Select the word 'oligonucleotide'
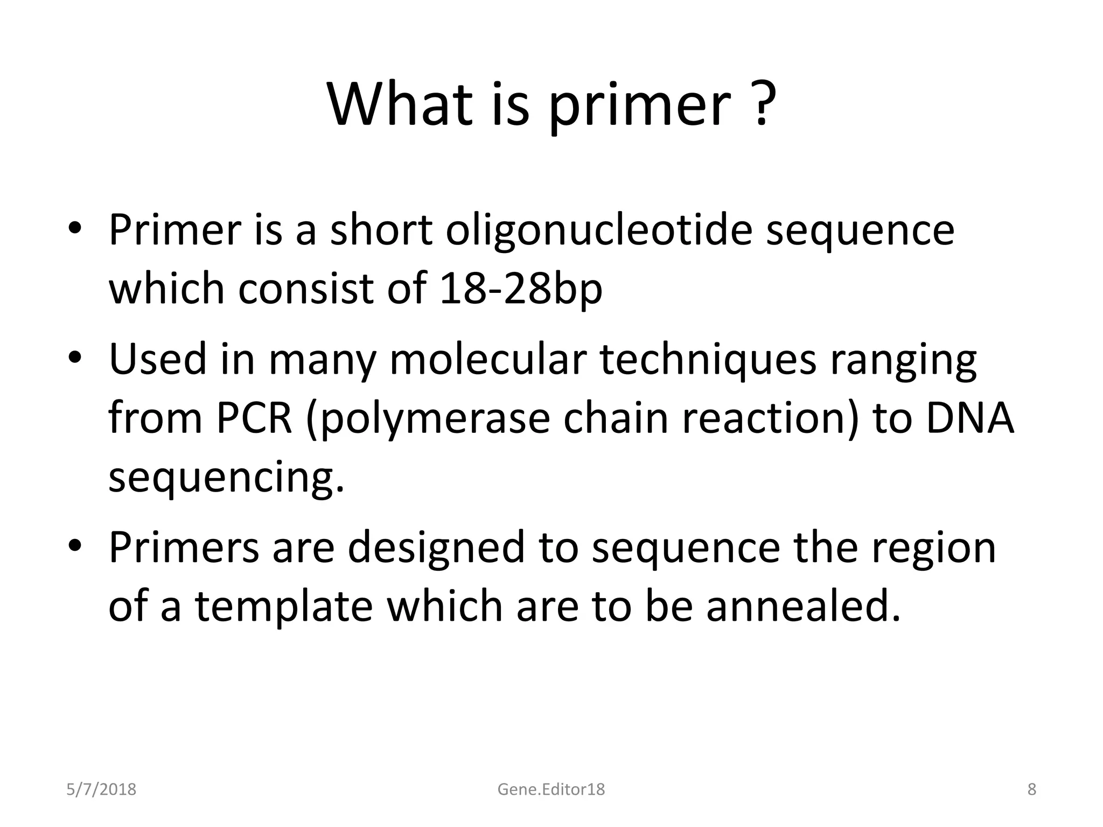point(599,230)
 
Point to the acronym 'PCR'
point(254,418)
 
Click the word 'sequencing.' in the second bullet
point(226,478)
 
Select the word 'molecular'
point(487,359)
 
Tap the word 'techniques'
point(708,359)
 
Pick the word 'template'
point(284,606)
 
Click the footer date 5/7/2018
point(101,789)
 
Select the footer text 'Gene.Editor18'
point(551,789)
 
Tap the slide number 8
point(1031,789)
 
